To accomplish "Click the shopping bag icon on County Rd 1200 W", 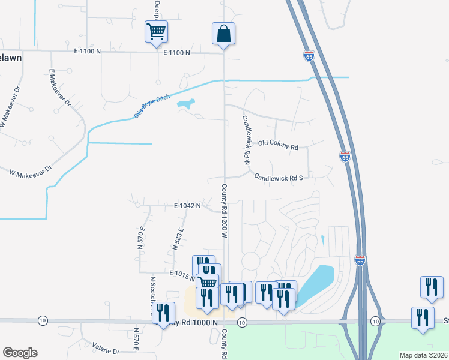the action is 223,35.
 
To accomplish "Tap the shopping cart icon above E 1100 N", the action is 156,32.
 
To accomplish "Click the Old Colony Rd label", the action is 278,146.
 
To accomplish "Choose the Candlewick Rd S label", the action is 278,178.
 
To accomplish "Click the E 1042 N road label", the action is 187,205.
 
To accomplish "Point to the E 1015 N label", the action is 182,274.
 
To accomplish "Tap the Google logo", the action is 20,353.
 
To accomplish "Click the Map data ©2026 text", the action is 423,355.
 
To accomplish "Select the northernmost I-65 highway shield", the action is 309,56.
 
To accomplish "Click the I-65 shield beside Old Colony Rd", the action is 345,157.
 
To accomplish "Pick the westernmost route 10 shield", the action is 43,322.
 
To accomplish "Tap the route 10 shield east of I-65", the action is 375,322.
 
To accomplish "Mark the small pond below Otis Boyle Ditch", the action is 186,106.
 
